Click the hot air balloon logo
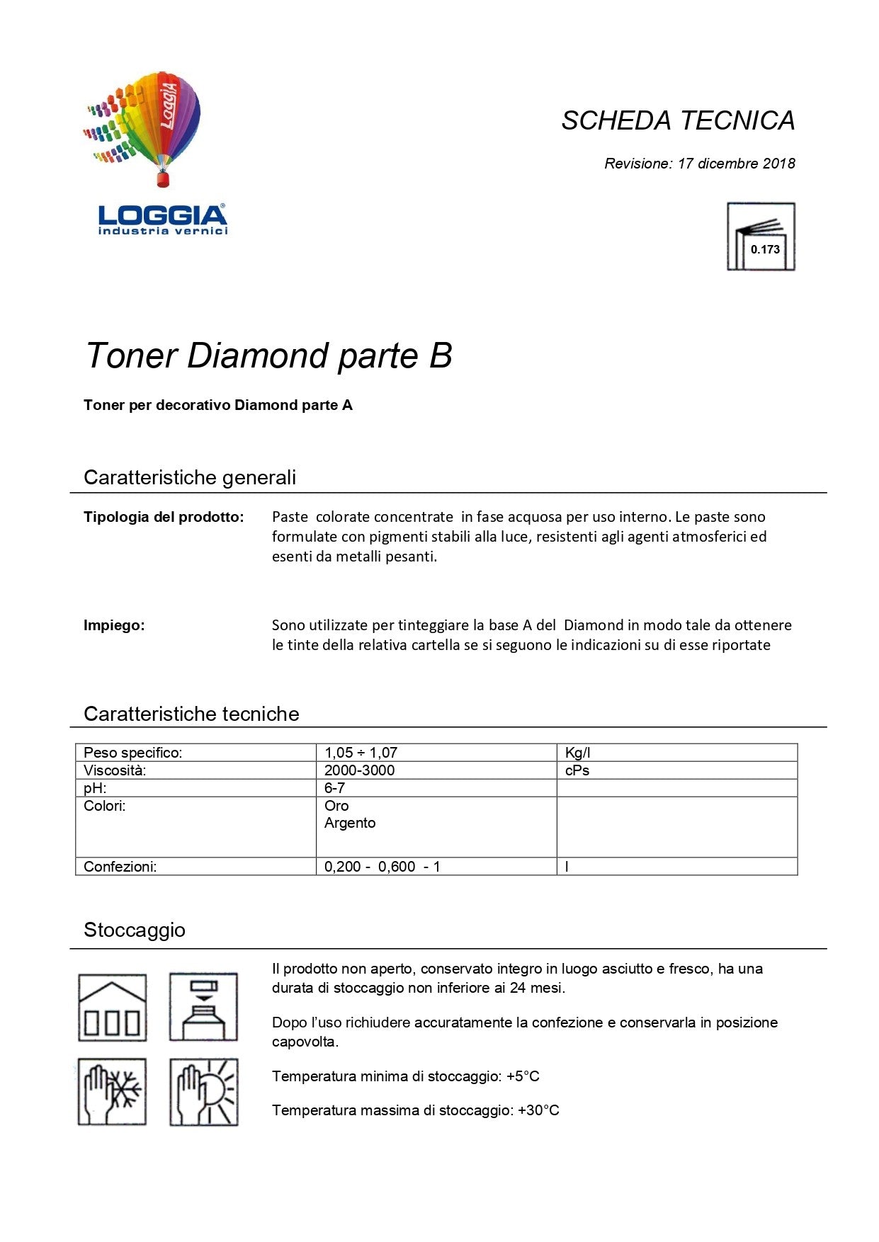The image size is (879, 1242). tap(149, 127)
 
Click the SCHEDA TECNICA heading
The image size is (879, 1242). tap(678, 121)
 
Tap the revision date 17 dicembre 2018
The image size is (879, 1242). tap(736, 164)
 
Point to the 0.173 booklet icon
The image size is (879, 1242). tap(761, 237)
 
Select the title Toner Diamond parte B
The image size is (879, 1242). tap(268, 355)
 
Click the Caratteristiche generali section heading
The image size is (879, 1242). tap(190, 477)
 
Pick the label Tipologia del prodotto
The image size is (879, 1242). tap(164, 517)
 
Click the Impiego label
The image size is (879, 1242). tap(114, 625)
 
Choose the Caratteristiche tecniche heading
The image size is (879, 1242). tap(191, 714)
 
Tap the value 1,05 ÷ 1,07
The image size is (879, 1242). tap(361, 753)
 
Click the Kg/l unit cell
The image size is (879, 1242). tap(577, 753)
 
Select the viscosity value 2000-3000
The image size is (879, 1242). tap(359, 770)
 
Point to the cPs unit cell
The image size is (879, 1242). tap(577, 770)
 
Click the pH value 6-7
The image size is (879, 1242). tap(334, 788)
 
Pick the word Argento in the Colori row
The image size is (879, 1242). tap(350, 823)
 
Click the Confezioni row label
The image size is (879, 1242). tap(120, 867)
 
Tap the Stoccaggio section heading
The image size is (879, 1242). tap(135, 930)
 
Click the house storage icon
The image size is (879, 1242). tap(113, 1008)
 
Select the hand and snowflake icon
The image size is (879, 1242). tap(113, 1092)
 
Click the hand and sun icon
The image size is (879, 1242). tap(204, 1092)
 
